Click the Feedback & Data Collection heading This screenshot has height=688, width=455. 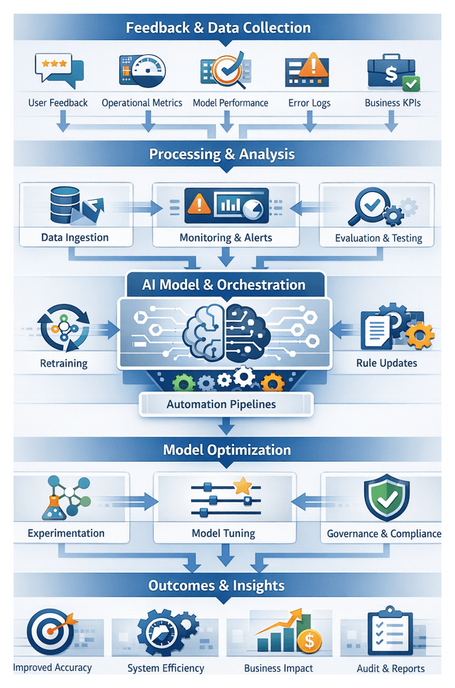click(x=218, y=28)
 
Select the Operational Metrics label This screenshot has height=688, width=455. click(x=142, y=103)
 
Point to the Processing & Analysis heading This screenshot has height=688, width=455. click(x=222, y=154)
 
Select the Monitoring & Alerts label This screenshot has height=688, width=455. click(x=226, y=238)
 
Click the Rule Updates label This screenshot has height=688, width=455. click(x=387, y=363)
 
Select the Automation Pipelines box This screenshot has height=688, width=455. click(x=226, y=404)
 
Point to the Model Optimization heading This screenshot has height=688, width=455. click(x=226, y=450)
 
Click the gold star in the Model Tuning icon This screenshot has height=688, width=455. click(x=243, y=485)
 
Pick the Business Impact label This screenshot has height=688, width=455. click(x=278, y=668)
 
